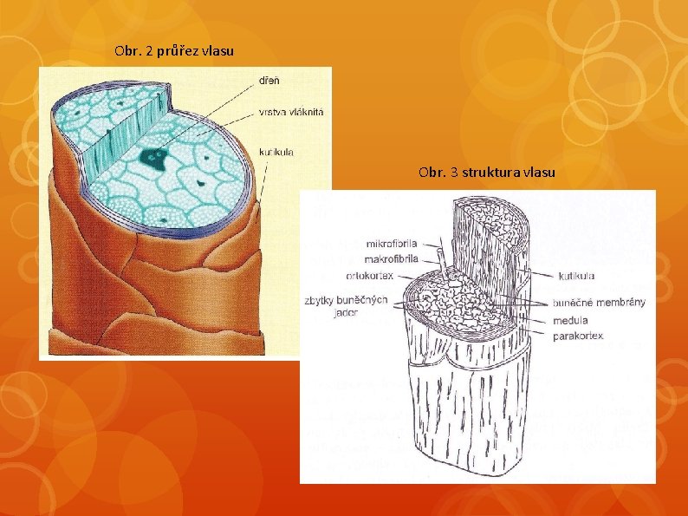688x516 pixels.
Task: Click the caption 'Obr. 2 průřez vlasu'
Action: [x=173, y=51]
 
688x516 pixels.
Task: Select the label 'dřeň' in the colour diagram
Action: [x=269, y=81]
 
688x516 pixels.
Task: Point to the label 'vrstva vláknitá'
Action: [x=287, y=112]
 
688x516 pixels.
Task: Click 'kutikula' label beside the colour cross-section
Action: [x=276, y=152]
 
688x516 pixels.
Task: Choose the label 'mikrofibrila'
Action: [x=393, y=243]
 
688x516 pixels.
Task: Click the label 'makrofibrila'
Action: [x=392, y=258]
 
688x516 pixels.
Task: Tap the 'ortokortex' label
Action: [x=369, y=276]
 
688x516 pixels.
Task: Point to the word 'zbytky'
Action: [x=321, y=301]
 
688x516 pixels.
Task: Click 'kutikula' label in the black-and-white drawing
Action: [x=576, y=276]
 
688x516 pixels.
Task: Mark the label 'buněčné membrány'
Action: [x=599, y=303]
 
